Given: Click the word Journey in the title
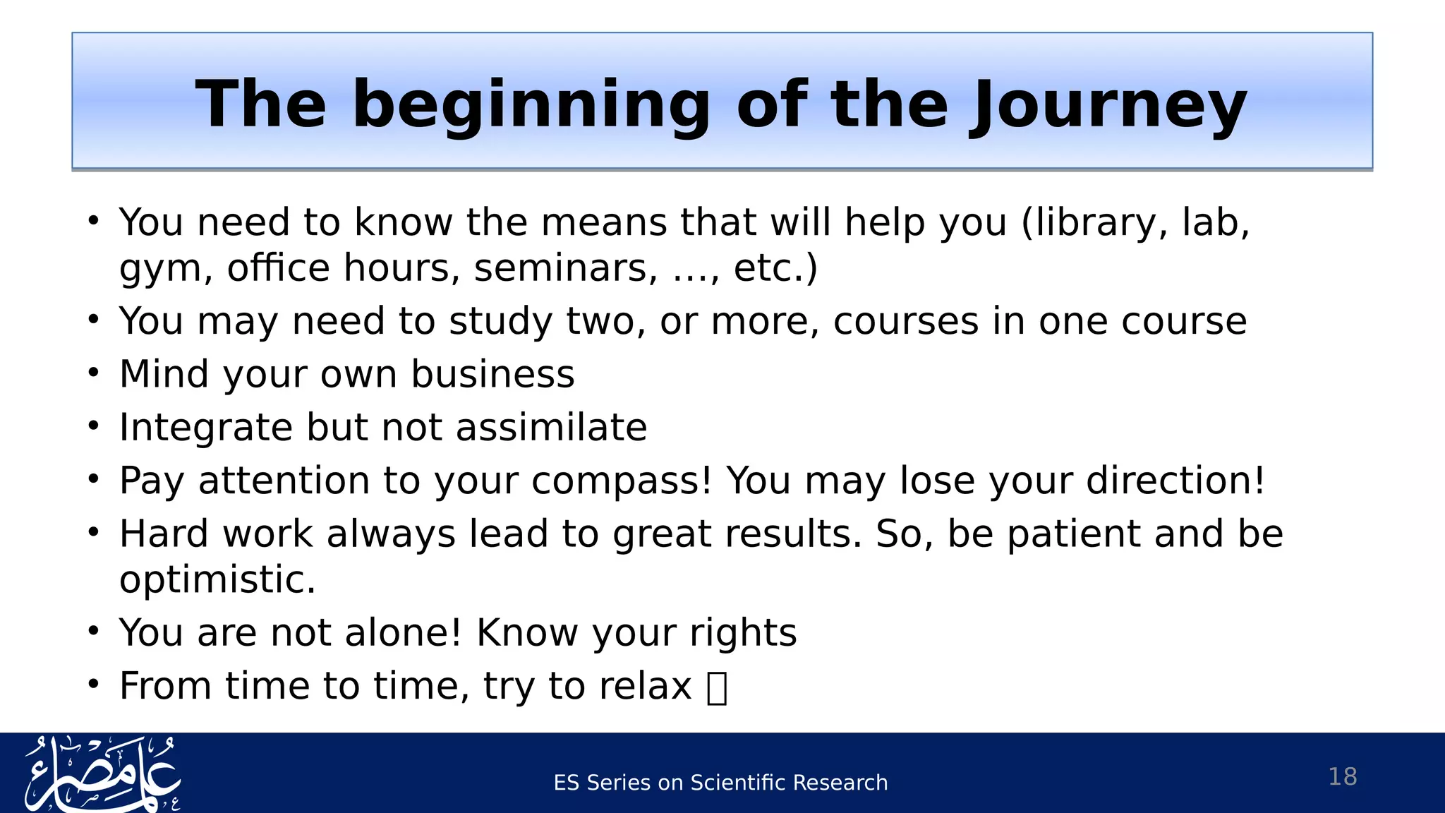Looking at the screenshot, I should (x=1107, y=105).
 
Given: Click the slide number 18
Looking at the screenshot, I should (x=1342, y=777).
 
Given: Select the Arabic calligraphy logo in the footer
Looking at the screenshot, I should (x=102, y=773).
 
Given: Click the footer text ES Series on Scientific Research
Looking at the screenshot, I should (x=720, y=783).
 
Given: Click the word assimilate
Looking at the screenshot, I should (x=551, y=428).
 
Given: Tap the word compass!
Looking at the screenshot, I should (x=622, y=481).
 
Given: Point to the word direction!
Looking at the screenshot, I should (x=1175, y=481).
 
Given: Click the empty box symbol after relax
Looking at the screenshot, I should (x=717, y=688).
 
